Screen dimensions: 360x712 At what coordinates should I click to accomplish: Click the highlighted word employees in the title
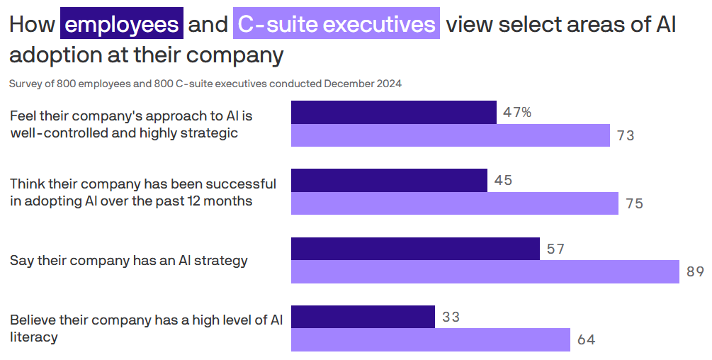click(x=122, y=25)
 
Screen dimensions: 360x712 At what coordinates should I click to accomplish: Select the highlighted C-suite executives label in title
click(x=337, y=25)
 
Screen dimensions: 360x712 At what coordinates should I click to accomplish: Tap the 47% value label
click(x=517, y=112)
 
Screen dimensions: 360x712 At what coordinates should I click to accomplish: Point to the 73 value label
click(x=626, y=136)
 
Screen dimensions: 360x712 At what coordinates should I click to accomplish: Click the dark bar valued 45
click(x=389, y=180)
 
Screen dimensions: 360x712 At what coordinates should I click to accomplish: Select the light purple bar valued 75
click(x=455, y=203)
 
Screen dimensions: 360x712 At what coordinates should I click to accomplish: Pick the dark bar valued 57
click(x=415, y=249)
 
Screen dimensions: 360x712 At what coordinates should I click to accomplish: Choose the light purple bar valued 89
click(x=485, y=272)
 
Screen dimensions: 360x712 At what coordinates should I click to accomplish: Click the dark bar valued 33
click(x=363, y=317)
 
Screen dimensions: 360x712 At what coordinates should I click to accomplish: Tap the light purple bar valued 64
click(x=431, y=340)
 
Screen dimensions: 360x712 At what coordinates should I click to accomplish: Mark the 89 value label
click(x=695, y=273)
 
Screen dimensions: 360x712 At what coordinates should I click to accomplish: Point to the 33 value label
click(x=451, y=317)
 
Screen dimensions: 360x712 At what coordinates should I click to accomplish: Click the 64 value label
click(x=586, y=340)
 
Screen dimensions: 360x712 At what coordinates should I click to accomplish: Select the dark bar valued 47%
click(x=394, y=112)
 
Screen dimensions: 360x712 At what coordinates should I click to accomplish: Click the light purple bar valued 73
click(x=451, y=135)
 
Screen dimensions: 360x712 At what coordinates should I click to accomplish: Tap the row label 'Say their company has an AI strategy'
click(x=129, y=260)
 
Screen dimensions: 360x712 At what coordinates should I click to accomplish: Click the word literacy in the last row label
click(x=33, y=337)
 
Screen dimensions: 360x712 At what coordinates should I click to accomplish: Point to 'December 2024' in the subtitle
click(x=363, y=84)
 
